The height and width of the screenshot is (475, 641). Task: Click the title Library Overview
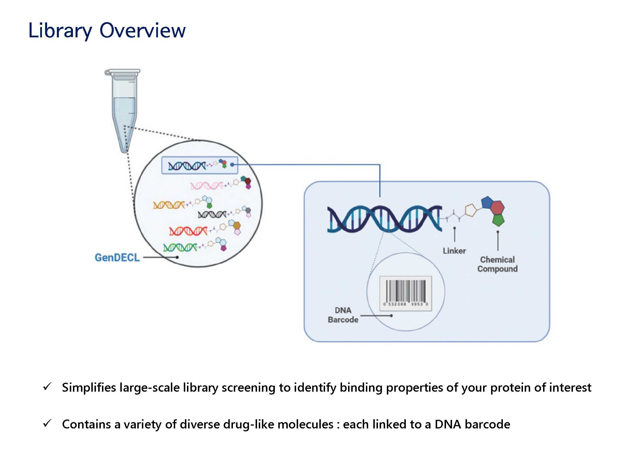pyautogui.click(x=107, y=30)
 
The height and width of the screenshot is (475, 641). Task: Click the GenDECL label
pyautogui.click(x=117, y=258)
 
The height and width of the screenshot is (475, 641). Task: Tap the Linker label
pyautogui.click(x=454, y=251)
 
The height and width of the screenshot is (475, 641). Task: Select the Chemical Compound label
pyautogui.click(x=497, y=264)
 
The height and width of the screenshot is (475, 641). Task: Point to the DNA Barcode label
pyautogui.click(x=343, y=315)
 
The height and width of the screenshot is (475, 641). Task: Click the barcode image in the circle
pyautogui.click(x=406, y=293)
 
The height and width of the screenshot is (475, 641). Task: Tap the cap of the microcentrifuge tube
pyautogui.click(x=123, y=72)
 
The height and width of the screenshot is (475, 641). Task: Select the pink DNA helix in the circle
pyautogui.click(x=206, y=186)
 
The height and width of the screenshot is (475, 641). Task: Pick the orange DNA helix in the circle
pyautogui.click(x=169, y=205)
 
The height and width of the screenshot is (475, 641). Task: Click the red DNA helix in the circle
pyautogui.click(x=188, y=231)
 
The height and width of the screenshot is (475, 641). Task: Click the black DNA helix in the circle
pyautogui.click(x=212, y=214)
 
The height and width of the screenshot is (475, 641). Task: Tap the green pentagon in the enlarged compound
pyautogui.click(x=498, y=220)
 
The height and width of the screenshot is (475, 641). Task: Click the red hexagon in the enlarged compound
pyautogui.click(x=497, y=207)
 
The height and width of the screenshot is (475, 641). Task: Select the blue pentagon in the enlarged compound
pyautogui.click(x=487, y=202)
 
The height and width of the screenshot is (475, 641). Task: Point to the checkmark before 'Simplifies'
pyautogui.click(x=47, y=387)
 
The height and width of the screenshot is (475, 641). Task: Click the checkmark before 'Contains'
pyautogui.click(x=47, y=423)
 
